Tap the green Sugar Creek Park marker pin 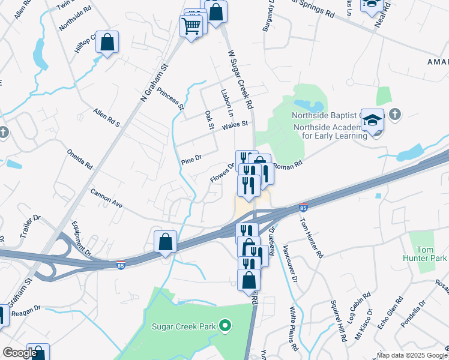coord(226,327)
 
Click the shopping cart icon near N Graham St coord(191,26)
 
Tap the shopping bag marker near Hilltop coord(107,43)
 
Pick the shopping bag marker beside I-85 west coord(165,243)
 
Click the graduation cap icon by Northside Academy coord(372,119)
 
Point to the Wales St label coord(235,125)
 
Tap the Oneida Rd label coord(80,158)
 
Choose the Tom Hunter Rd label coord(312,237)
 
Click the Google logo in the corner coord(19,353)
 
